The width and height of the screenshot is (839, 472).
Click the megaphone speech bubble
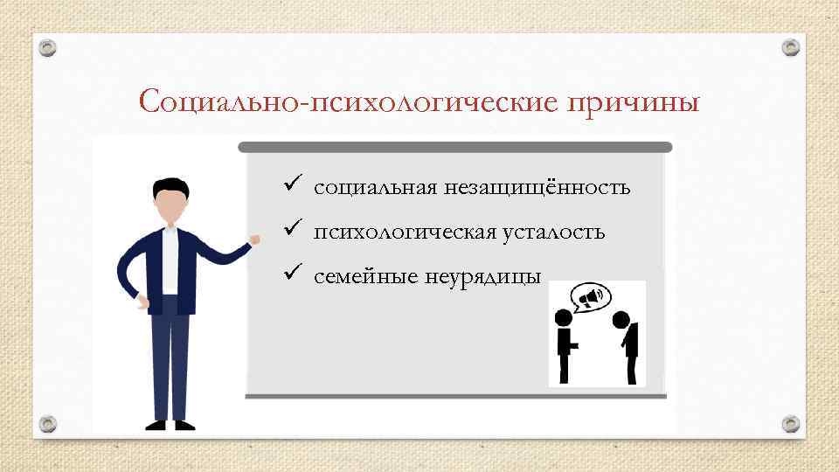pos(589,300)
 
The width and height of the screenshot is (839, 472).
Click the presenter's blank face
pos(170,207)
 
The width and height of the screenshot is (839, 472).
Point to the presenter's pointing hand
pos(254,238)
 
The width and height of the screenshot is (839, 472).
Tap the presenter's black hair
pos(169,187)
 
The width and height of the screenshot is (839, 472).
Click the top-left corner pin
pos(50,47)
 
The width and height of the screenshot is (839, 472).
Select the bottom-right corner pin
pos(790,424)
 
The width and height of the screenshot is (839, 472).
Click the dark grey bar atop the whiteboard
pos(454,147)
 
